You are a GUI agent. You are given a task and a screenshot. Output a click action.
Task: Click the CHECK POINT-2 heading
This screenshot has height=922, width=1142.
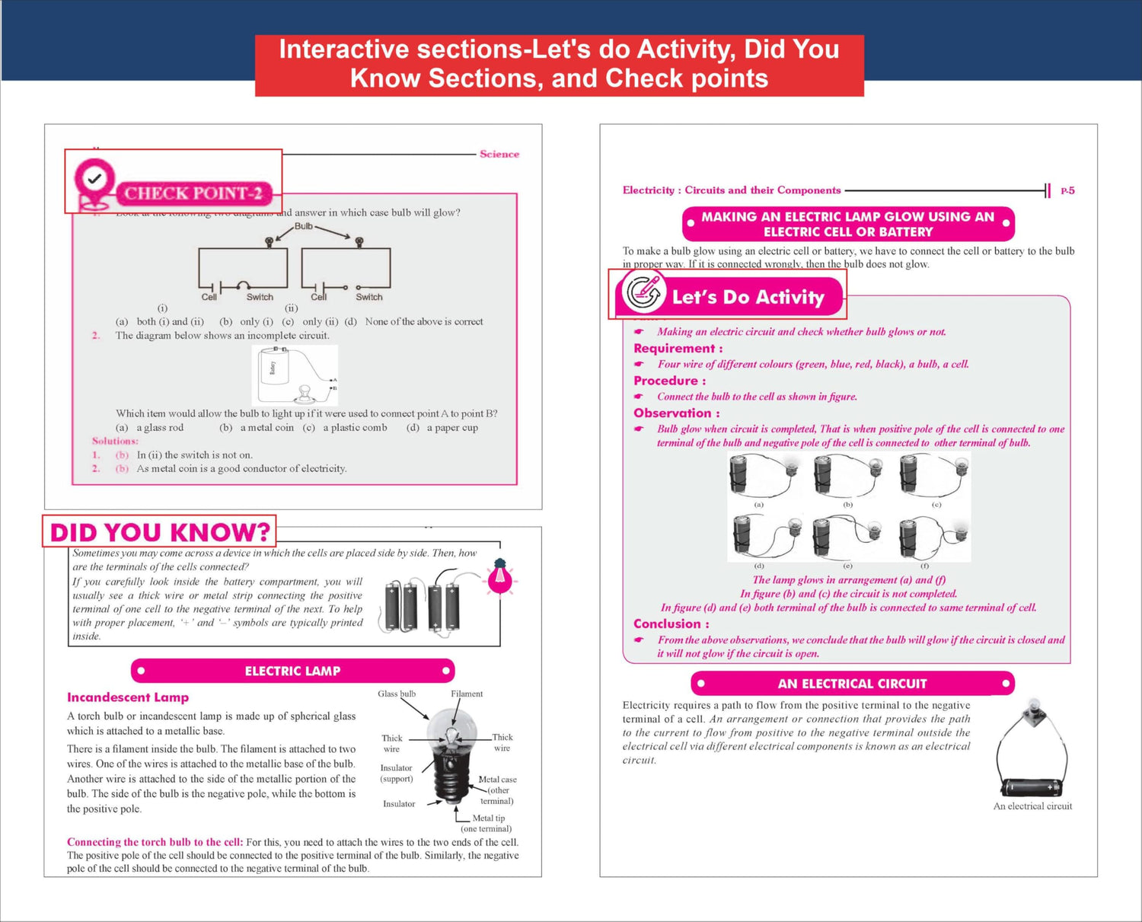(x=193, y=193)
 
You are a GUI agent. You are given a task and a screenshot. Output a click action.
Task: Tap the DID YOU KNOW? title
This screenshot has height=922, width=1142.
(x=160, y=532)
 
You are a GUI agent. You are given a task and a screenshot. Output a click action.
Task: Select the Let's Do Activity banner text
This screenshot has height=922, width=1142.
(x=748, y=297)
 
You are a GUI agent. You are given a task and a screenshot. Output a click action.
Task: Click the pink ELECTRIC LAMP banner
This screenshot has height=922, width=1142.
(x=292, y=671)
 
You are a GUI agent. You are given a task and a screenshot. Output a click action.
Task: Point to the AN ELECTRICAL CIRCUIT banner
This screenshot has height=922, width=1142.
(x=852, y=684)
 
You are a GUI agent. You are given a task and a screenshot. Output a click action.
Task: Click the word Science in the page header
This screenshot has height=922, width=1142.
(x=499, y=154)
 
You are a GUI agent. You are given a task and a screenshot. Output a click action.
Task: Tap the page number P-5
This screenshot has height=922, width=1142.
(x=1067, y=191)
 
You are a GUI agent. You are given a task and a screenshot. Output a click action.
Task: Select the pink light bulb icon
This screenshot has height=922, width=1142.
(x=500, y=577)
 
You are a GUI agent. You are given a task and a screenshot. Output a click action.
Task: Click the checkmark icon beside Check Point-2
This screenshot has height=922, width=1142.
(x=94, y=180)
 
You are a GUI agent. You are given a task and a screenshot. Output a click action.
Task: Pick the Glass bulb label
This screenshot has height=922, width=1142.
(x=397, y=694)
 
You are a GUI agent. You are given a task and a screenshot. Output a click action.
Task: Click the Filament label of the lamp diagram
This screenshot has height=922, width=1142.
(x=467, y=694)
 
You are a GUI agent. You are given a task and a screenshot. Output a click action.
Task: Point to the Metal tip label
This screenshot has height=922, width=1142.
(x=488, y=818)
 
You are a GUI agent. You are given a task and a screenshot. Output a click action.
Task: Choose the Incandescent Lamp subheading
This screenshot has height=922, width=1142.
(x=128, y=697)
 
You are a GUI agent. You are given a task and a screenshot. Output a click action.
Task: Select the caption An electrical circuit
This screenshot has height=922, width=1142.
(x=1032, y=806)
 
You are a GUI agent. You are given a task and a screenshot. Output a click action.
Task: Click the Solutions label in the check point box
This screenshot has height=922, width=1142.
(x=115, y=441)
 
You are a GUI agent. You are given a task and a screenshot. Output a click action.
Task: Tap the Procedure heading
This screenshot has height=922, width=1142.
(x=669, y=381)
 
